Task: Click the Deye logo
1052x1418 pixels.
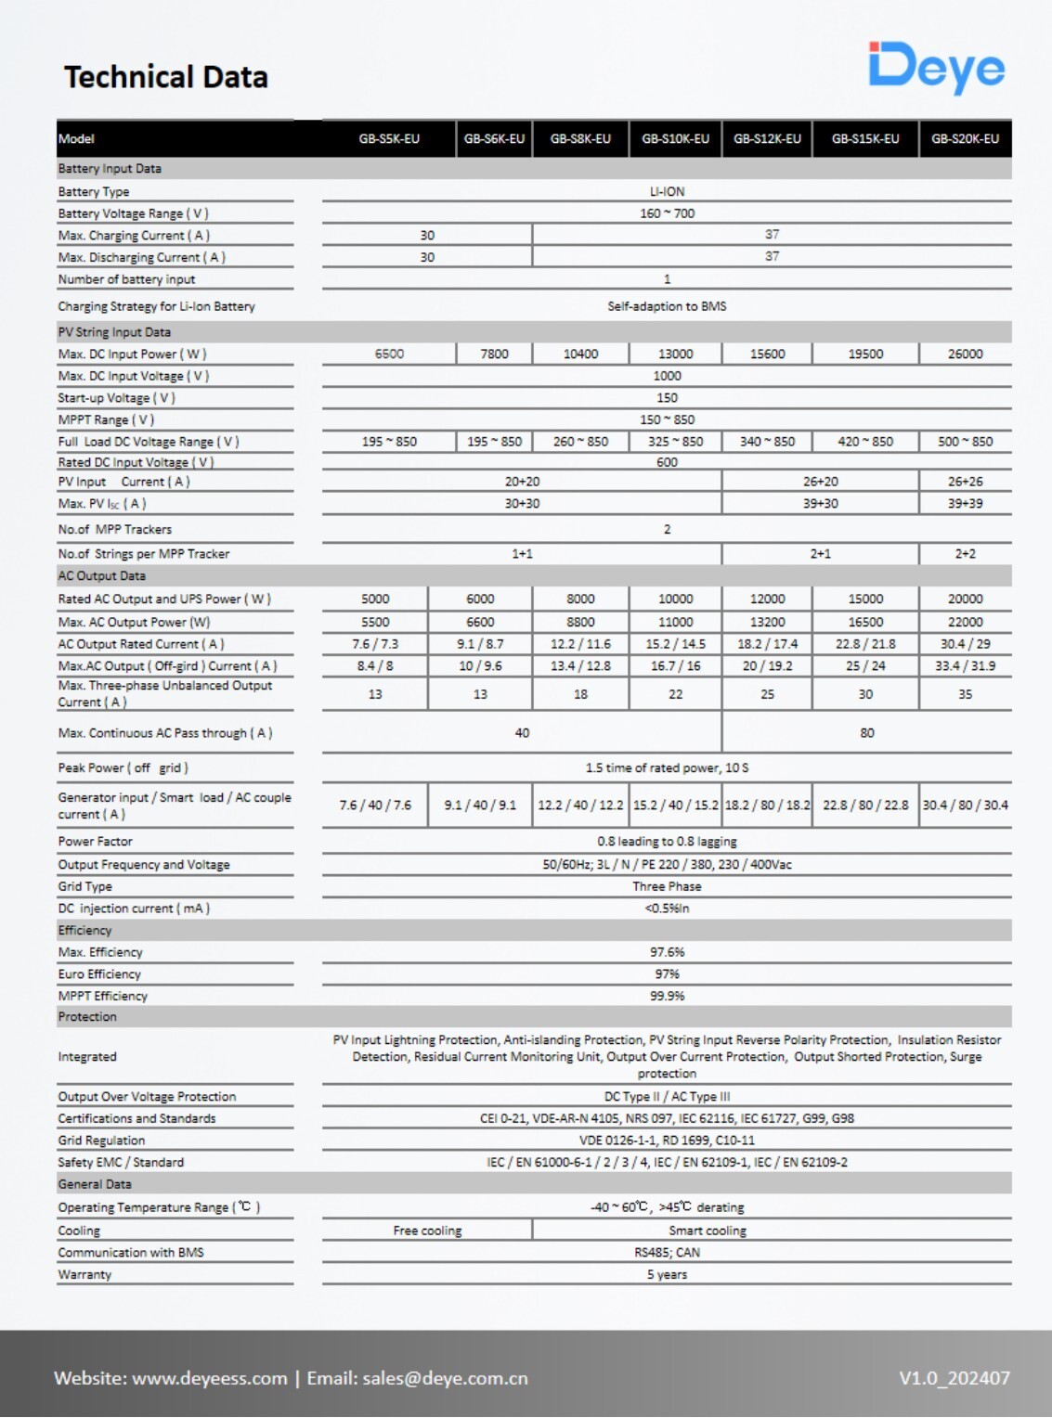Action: point(936,67)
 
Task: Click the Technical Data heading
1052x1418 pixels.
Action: point(165,77)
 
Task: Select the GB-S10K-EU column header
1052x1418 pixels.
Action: point(675,139)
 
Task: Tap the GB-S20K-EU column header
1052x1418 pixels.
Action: point(965,139)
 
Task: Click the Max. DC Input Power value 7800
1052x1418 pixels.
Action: point(494,354)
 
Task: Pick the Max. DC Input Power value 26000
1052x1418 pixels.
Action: point(965,354)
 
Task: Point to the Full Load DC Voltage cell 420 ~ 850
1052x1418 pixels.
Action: point(864,442)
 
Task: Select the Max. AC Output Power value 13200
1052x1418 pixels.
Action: point(767,622)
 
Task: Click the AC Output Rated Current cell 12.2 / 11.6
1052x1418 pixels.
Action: point(580,644)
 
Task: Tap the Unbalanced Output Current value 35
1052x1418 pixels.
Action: point(965,694)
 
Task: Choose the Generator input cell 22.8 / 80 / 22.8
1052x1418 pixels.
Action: point(864,806)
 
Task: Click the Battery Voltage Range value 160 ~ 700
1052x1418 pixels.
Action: point(667,213)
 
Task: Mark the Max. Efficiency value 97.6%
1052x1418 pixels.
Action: point(667,952)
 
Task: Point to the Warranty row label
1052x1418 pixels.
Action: point(84,1275)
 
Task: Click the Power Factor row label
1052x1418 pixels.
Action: point(95,842)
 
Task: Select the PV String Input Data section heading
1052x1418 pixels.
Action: point(114,332)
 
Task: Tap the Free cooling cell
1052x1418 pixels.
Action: point(427,1231)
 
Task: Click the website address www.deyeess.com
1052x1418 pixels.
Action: point(210,1378)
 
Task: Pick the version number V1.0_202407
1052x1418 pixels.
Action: point(954,1378)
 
